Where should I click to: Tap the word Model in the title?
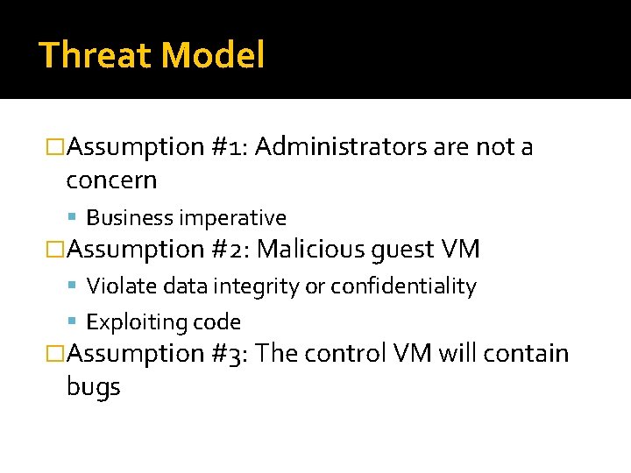213,56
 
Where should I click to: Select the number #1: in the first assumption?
230,147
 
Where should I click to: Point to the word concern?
111,180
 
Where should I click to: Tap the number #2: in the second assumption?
230,250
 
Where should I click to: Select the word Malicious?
310,250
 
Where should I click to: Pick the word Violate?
120,286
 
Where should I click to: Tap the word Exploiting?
131,323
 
